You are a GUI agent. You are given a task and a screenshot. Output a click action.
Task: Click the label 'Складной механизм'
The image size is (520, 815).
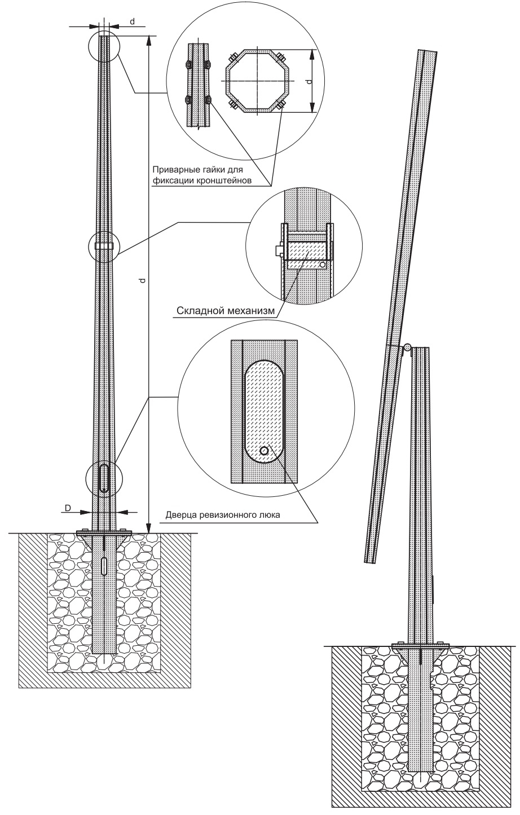click(225, 311)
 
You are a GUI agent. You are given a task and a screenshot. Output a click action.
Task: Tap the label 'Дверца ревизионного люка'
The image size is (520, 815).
click(223, 515)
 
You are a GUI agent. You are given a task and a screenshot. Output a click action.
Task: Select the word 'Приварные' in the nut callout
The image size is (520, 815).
click(173, 170)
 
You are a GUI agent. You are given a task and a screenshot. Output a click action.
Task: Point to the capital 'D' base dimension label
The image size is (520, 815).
click(68, 508)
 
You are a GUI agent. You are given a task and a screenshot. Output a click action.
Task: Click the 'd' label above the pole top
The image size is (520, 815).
click(133, 21)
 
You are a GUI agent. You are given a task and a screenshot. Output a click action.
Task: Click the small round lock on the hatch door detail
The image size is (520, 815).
click(265, 451)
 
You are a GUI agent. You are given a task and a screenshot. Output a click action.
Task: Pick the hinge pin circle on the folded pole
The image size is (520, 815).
click(408, 346)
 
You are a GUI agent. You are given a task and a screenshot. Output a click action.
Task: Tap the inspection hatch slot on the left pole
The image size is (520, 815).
click(104, 478)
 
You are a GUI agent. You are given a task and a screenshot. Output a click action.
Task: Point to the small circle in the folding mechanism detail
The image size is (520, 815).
click(323, 265)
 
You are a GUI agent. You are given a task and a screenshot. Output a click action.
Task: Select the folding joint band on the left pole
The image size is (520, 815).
click(104, 246)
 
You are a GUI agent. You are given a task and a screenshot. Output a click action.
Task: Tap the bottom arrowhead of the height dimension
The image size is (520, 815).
click(148, 528)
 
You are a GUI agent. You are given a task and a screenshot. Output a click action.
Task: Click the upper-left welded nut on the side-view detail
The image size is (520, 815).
click(188, 65)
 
